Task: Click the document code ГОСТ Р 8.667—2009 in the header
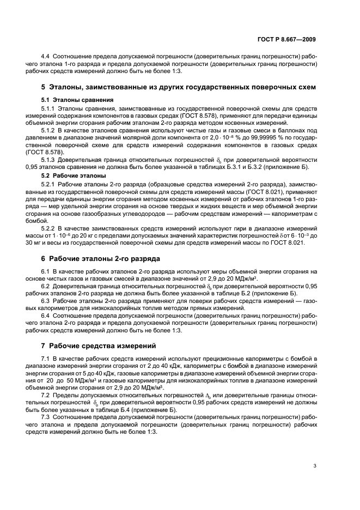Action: click(289, 39)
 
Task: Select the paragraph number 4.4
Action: click(47, 57)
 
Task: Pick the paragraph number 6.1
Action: click(46, 271)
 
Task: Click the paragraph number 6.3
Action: click(46, 301)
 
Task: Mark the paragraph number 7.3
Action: click(46, 417)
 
